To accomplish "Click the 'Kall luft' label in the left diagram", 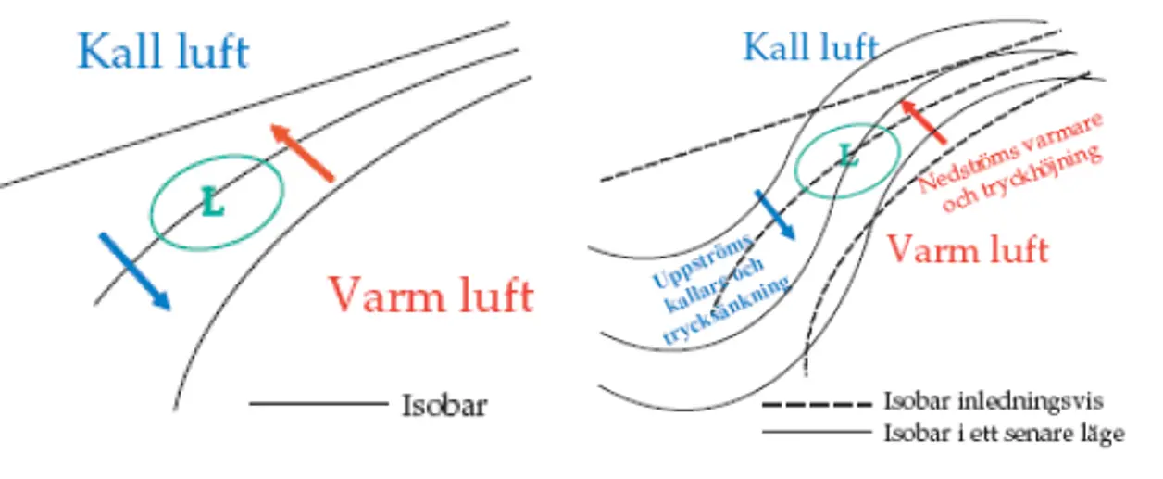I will coord(163,51).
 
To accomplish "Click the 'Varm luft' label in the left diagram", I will coord(431,296).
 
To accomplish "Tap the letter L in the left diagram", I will coord(213,202).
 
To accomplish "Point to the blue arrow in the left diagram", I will coord(133,271).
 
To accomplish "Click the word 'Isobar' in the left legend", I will coord(444,405).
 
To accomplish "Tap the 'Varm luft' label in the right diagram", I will coord(968,249).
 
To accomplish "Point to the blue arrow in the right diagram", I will coord(775,215).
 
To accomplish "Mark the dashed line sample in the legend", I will coord(815,404).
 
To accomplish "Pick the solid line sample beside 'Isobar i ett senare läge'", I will coord(815,432).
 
